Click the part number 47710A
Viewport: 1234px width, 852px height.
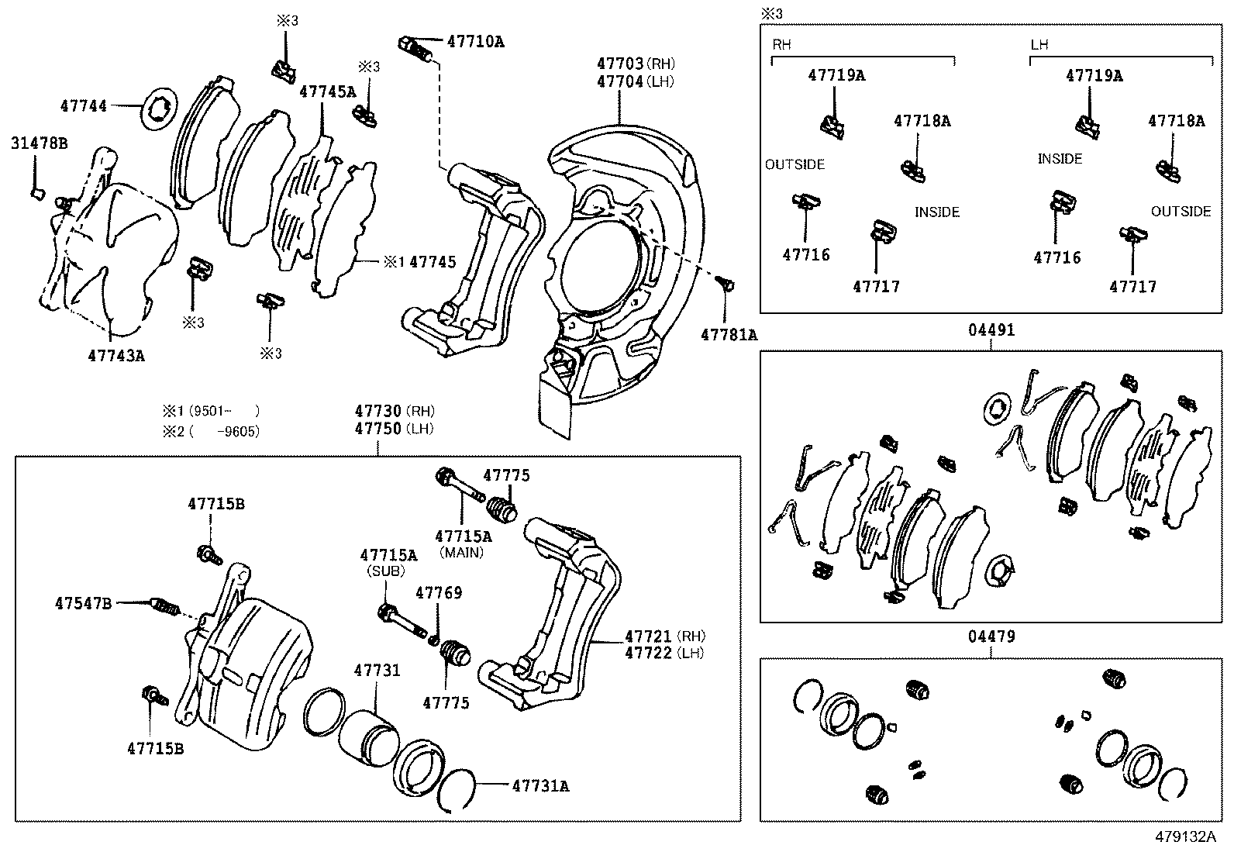(x=475, y=42)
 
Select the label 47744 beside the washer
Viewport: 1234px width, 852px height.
(x=84, y=105)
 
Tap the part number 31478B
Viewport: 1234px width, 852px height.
(x=39, y=143)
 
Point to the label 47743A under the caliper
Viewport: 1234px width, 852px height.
(x=116, y=356)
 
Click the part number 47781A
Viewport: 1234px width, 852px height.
(x=729, y=335)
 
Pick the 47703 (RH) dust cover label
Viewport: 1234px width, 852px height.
(x=635, y=64)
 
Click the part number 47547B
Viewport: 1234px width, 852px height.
(x=83, y=602)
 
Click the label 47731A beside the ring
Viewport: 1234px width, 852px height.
(x=540, y=786)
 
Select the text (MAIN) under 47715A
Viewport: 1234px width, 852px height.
(x=461, y=553)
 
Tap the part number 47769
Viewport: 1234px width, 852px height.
(x=439, y=593)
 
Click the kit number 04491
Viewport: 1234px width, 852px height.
(x=991, y=329)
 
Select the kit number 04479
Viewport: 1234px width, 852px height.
(x=991, y=636)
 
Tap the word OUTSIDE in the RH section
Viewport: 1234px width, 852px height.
(x=795, y=164)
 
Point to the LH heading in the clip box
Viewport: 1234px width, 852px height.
(x=1039, y=44)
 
